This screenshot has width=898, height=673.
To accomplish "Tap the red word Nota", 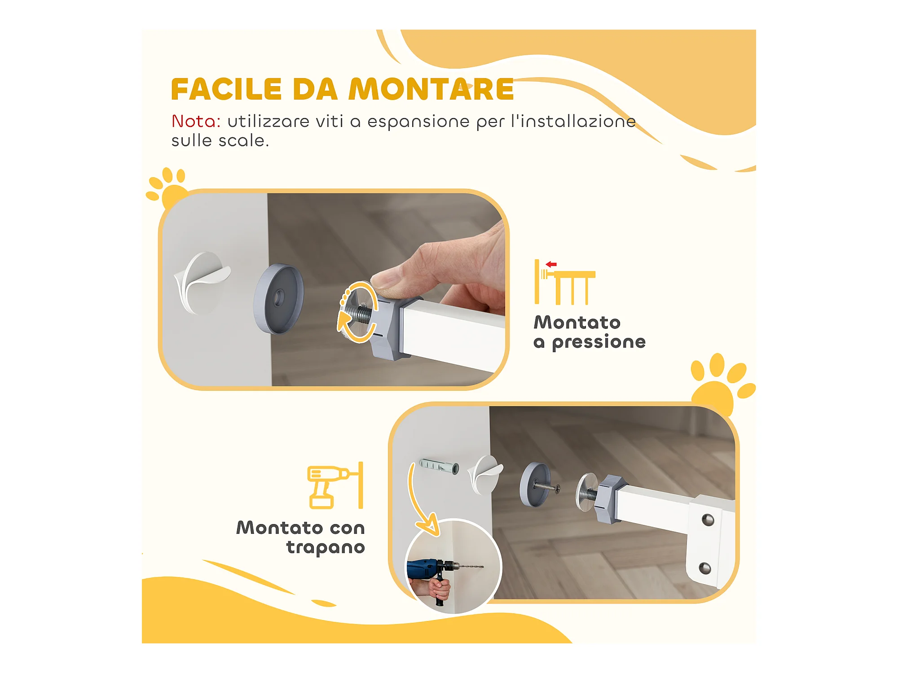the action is (x=196, y=121).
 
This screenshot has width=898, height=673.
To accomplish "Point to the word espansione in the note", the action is (x=418, y=122).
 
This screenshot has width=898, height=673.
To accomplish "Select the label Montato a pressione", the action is (x=590, y=332).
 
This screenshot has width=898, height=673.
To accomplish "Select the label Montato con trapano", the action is (x=300, y=538).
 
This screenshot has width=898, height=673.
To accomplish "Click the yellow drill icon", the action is (x=335, y=485).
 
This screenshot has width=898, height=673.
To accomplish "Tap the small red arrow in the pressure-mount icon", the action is (x=551, y=264).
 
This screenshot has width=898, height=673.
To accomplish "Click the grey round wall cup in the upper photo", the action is (x=278, y=298).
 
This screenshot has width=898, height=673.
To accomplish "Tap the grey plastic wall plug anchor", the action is (x=439, y=467).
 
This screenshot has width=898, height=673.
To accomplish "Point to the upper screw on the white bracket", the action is (x=708, y=520).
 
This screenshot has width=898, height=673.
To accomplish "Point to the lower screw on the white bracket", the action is (x=705, y=568).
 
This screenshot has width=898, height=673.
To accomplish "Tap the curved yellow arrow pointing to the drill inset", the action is (x=418, y=503).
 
